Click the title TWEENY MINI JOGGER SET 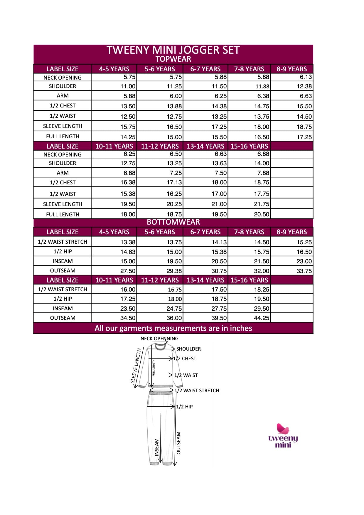173,50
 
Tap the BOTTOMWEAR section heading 173,222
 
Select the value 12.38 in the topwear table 304,86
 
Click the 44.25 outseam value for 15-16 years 262,318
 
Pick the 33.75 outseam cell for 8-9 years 304,271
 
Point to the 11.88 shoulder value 262,86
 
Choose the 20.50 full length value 262,214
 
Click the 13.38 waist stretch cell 128,242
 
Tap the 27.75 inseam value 219,309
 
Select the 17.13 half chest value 174,182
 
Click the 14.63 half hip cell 128,252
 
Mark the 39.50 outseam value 219,318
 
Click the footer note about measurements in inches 173,328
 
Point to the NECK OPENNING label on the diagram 159,339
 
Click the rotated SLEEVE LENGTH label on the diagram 136,366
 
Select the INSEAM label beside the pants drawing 157,447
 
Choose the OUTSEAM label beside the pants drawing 178,443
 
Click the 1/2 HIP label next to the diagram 184,407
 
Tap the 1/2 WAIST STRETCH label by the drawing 197,391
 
